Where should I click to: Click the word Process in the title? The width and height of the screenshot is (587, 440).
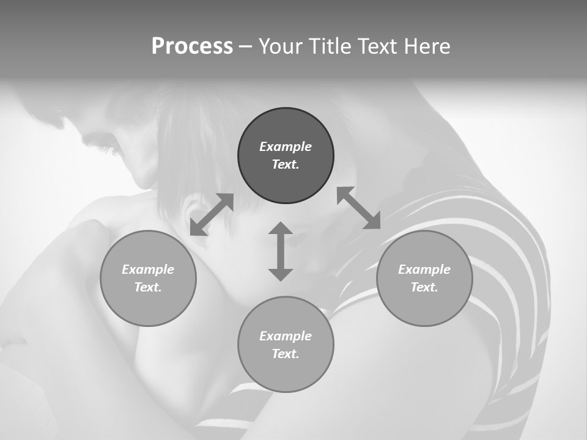tap(192, 46)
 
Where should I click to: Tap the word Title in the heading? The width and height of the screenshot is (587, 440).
tap(330, 46)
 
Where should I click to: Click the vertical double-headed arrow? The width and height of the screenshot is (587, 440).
tap(281, 251)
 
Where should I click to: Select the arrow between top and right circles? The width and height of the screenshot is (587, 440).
tap(358, 208)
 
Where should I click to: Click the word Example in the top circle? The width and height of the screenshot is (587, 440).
tap(286, 147)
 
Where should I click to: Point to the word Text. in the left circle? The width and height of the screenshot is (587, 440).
tap(148, 287)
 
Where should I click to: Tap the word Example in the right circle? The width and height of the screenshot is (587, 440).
tap(424, 269)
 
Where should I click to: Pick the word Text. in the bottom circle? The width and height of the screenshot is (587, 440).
tap(286, 354)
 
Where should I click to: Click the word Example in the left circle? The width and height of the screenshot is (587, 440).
tap(148, 269)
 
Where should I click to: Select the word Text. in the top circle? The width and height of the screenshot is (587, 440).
tap(286, 164)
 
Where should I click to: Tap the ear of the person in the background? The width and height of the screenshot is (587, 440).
tap(194, 211)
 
